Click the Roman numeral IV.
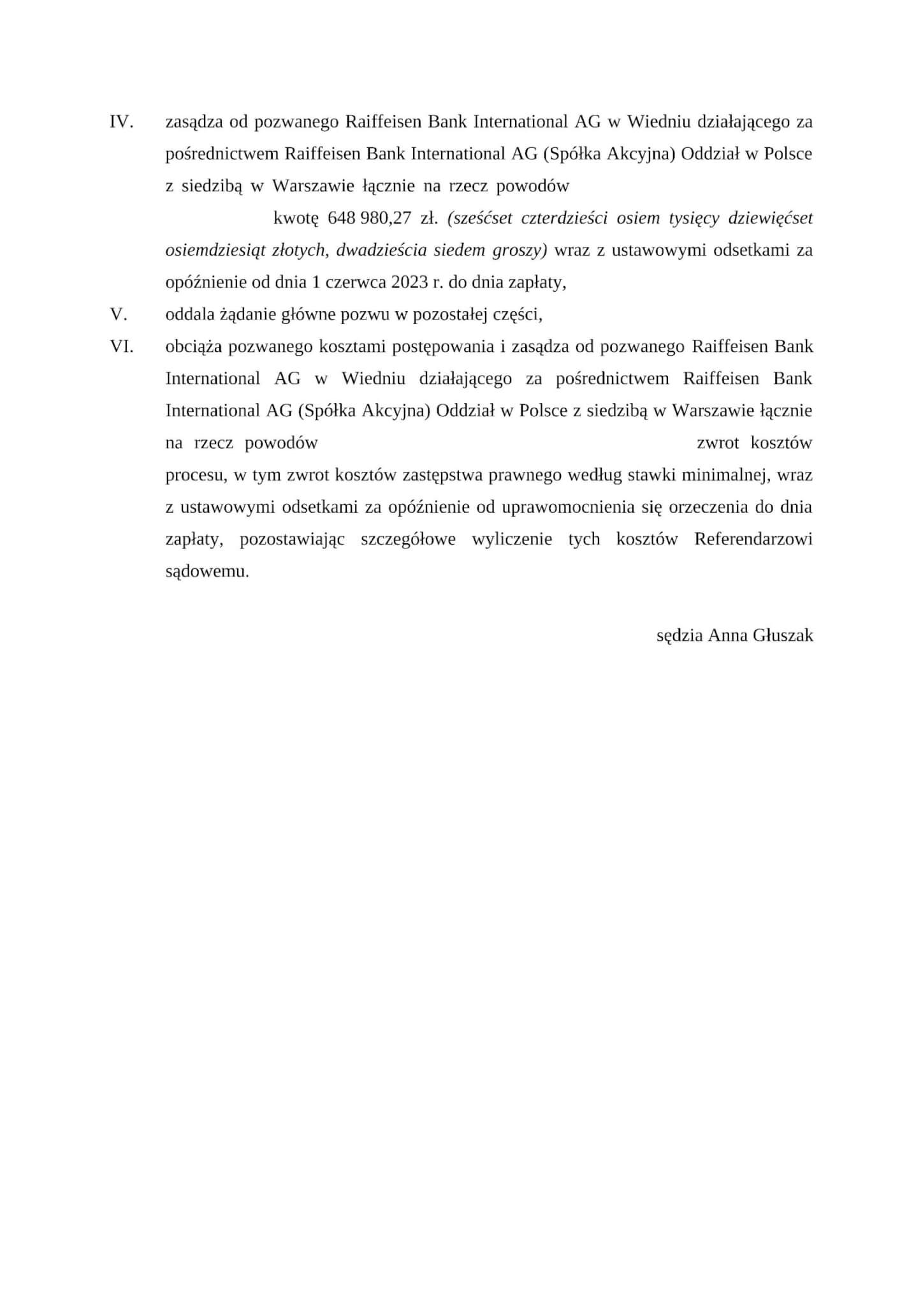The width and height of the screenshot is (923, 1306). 121,122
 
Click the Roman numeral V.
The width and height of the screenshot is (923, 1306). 119,314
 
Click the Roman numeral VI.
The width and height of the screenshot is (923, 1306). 122,347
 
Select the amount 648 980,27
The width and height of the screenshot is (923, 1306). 369,218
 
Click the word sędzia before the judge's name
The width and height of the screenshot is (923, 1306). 680,635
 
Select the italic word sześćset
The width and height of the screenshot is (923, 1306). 480,218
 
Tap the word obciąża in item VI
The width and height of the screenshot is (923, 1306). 194,347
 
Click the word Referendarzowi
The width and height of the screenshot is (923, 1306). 753,539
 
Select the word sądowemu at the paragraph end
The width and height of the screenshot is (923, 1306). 207,571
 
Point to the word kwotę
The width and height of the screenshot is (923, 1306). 295,218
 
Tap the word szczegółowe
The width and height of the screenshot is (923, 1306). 408,539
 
